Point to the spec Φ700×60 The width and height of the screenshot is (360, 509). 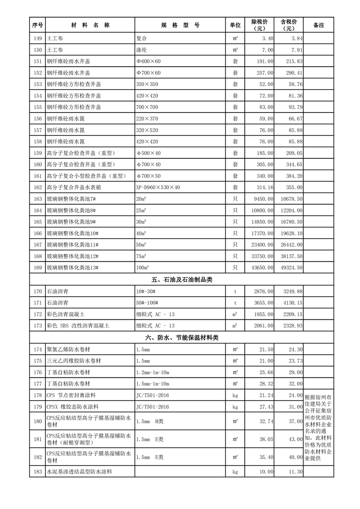click(148, 73)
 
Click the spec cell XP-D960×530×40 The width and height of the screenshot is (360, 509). click(158, 187)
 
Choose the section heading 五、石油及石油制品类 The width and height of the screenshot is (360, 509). click(182, 279)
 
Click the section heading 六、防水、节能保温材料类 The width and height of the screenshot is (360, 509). click(182, 337)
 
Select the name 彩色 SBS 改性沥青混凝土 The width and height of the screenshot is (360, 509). click(78, 325)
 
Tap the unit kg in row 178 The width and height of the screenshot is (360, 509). click(235, 395)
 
